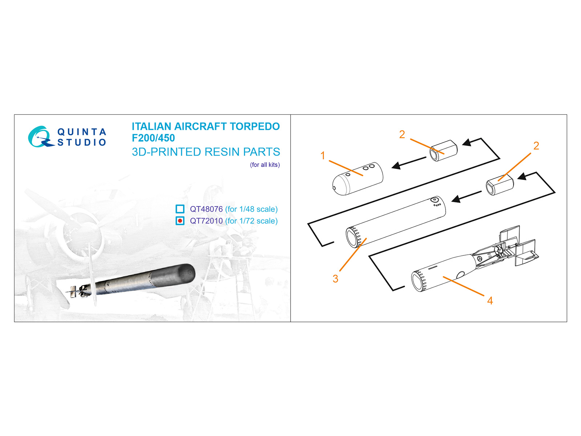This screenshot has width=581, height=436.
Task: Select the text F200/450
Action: coord(153,138)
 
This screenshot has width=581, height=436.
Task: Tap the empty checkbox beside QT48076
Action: coord(180,209)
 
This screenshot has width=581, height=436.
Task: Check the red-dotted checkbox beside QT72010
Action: coord(180,221)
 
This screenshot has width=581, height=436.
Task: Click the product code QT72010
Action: coord(206,221)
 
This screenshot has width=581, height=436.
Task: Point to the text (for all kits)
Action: coord(265,165)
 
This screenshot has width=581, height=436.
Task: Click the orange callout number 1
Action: coord(323,156)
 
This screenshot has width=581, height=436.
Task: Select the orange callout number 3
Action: coord(335,279)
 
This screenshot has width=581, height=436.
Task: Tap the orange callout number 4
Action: coord(490,300)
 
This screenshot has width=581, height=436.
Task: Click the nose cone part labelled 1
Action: coord(358,179)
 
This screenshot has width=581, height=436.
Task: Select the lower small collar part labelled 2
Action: coord(500,185)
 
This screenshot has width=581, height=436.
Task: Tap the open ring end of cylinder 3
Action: coord(353,238)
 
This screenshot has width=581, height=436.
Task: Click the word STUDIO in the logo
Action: coord(82,142)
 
